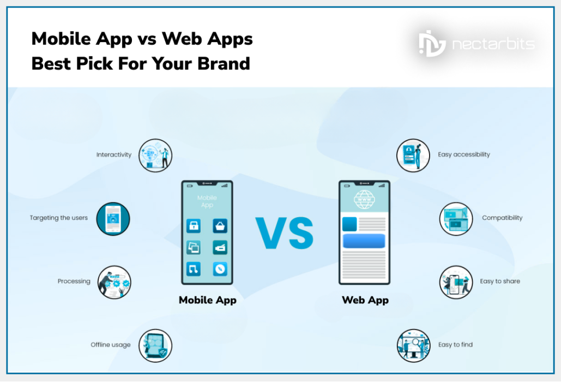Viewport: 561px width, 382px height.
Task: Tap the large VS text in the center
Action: click(x=285, y=234)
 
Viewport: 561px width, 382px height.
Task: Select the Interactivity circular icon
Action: click(x=155, y=155)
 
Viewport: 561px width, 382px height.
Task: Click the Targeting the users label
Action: click(x=58, y=218)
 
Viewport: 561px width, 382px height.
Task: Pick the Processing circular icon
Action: click(x=114, y=282)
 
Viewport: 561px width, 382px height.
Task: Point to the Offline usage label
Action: click(x=111, y=345)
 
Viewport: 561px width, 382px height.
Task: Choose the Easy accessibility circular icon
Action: click(x=413, y=155)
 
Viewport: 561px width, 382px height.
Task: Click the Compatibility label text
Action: click(x=502, y=218)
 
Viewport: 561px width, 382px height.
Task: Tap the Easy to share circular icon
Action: click(x=456, y=282)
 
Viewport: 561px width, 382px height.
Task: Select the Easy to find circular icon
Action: click(x=413, y=345)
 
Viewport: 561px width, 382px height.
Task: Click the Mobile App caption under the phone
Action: click(x=207, y=300)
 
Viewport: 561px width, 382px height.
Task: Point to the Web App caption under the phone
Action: click(x=365, y=300)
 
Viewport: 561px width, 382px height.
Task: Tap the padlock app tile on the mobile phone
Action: click(x=194, y=226)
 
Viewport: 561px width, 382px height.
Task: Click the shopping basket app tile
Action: click(x=220, y=226)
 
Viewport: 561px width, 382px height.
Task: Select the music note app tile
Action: click(x=194, y=268)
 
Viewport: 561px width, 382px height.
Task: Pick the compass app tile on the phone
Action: click(x=220, y=268)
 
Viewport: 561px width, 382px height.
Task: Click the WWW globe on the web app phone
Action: click(x=364, y=199)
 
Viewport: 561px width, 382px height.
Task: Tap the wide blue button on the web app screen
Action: click(x=364, y=241)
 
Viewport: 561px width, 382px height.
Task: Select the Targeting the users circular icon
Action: click(x=113, y=219)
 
